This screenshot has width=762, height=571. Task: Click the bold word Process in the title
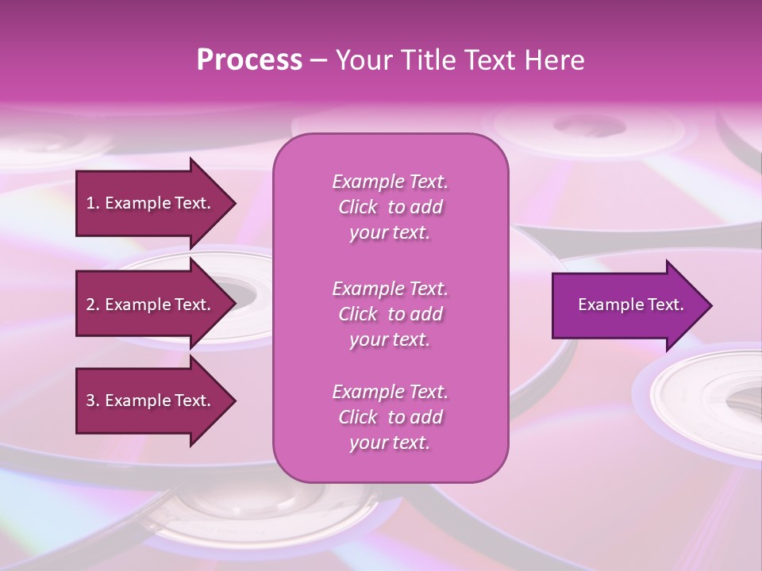[x=249, y=60]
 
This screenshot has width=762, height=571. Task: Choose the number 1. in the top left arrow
[x=92, y=203]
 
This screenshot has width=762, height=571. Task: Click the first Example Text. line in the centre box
[x=390, y=182]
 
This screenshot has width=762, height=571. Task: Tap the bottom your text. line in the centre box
[x=390, y=443]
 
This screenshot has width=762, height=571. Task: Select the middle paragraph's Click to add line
[x=390, y=314]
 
